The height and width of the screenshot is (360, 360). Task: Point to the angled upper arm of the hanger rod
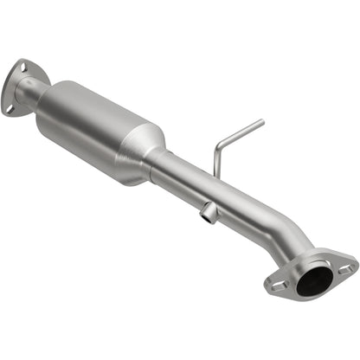pyautogui.click(x=241, y=132)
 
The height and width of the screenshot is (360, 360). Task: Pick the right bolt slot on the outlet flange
pyautogui.click(x=345, y=269)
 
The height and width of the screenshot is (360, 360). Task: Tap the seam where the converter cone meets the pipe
pyautogui.click(x=157, y=159)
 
